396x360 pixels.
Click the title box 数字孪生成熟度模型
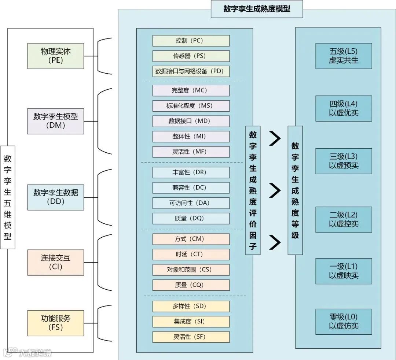tap(257, 9)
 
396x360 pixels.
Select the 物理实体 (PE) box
tap(55, 56)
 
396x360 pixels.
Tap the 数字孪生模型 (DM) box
tap(55, 121)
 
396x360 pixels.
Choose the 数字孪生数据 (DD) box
tap(55, 197)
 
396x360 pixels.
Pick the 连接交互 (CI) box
tap(55, 262)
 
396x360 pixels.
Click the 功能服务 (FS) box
tap(55, 323)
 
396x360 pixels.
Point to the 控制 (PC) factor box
tap(191, 41)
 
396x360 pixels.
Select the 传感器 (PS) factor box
tap(191, 56)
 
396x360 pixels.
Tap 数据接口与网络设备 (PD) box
tap(191, 71)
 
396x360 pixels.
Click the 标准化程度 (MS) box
tap(191, 106)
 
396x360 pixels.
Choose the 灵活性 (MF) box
tap(191, 152)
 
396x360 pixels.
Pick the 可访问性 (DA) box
tap(191, 203)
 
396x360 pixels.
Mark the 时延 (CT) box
tap(191, 255)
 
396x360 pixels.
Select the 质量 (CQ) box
tap(191, 285)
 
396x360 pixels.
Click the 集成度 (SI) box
tap(191, 322)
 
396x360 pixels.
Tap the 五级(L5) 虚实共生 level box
tap(344, 56)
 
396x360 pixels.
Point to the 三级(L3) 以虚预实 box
tap(344, 161)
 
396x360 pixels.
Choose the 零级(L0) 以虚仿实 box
tap(344, 322)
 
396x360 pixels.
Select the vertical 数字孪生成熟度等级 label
tap(295, 190)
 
